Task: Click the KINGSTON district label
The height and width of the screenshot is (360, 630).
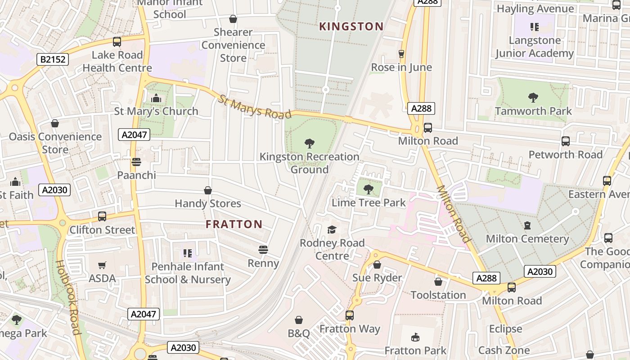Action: click(351, 27)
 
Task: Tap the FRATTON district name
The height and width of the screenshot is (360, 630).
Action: click(234, 224)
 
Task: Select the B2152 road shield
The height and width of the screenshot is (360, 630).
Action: click(53, 59)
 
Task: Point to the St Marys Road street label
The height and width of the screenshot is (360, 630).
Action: click(255, 107)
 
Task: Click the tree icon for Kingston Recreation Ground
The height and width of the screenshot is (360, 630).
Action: click(309, 144)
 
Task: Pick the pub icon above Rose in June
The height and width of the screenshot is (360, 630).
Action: click(401, 54)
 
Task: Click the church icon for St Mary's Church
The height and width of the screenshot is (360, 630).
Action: click(156, 98)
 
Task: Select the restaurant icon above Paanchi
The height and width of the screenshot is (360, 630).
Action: click(136, 162)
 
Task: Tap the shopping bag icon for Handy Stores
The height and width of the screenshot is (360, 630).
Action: click(207, 190)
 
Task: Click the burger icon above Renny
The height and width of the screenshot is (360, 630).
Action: click(263, 250)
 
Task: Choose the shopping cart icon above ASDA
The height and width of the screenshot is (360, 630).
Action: click(102, 265)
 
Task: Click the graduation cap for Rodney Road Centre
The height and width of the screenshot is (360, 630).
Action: click(332, 229)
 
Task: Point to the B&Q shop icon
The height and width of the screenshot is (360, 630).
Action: click(298, 320)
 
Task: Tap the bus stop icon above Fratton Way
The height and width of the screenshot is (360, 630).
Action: click(350, 315)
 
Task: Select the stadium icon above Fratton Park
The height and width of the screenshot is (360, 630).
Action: click(415, 337)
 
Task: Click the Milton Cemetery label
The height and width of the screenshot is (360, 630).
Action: click(527, 238)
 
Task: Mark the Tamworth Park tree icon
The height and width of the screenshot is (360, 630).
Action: click(533, 97)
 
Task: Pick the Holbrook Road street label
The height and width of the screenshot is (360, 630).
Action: click(68, 297)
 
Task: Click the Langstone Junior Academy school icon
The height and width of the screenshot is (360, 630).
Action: click(534, 27)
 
